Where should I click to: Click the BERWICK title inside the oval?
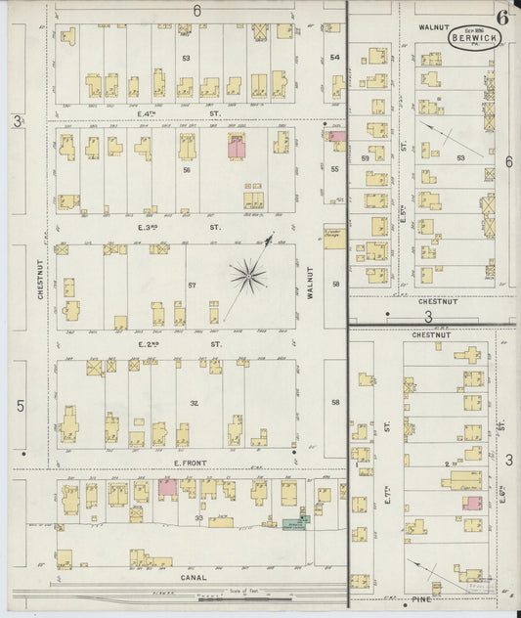tap(472, 38)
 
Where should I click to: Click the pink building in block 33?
tap(167, 486)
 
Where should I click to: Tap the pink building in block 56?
tap(237, 147)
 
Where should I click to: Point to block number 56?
tap(185, 169)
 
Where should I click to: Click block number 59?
tap(365, 157)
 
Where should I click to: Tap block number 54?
tap(334, 57)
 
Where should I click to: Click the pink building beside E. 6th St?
tap(473, 503)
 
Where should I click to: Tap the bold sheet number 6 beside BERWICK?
tap(501, 17)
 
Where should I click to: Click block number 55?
tap(334, 169)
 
